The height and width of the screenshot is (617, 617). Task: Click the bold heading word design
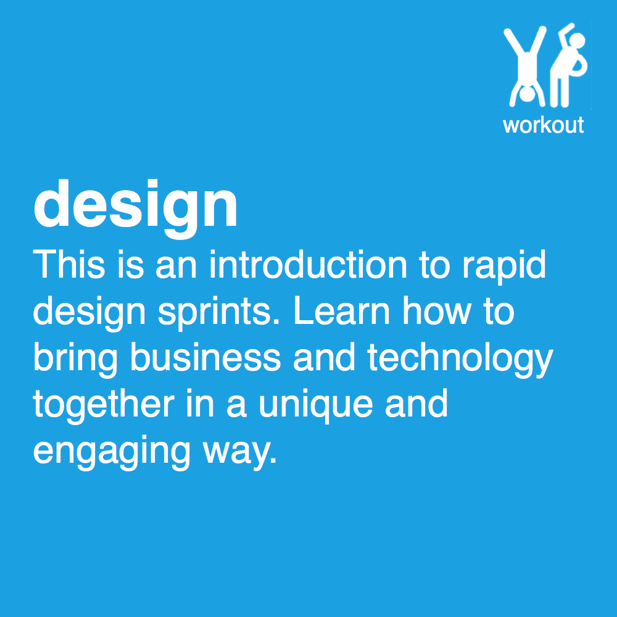(x=136, y=206)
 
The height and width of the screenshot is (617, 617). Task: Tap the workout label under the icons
(x=543, y=125)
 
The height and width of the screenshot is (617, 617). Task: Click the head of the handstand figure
(x=528, y=96)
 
